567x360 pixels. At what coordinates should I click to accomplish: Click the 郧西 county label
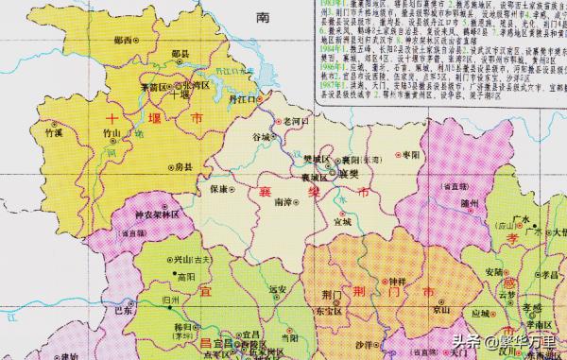(x=120, y=40)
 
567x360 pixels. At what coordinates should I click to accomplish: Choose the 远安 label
(x=276, y=288)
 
